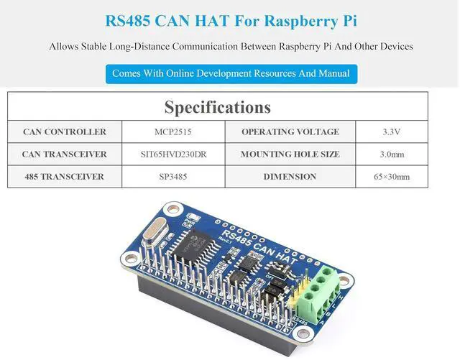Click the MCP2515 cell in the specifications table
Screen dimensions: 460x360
pyautogui.click(x=173, y=131)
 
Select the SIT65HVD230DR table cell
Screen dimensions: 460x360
pyautogui.click(x=173, y=154)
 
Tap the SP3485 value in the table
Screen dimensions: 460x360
pyautogui.click(x=173, y=177)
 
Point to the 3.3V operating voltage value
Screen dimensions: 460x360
pyautogui.click(x=391, y=131)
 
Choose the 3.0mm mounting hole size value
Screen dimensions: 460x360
pyautogui.click(x=391, y=154)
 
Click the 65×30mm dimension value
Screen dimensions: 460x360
pyautogui.click(x=391, y=177)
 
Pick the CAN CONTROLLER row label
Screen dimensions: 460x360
pyautogui.click(x=65, y=131)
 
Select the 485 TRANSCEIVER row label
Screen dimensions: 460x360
pyautogui.click(x=65, y=177)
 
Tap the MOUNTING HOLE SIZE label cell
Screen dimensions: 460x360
pyautogui.click(x=290, y=154)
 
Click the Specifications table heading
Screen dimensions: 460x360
pyautogui.click(x=217, y=107)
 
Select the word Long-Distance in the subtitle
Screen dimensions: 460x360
pyautogui.click(x=139, y=47)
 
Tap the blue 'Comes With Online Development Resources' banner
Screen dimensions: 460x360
pyautogui.click(x=231, y=73)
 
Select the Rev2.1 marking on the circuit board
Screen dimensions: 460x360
pyautogui.click(x=225, y=239)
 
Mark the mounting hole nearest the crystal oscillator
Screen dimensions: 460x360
pyautogui.click(x=172, y=210)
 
